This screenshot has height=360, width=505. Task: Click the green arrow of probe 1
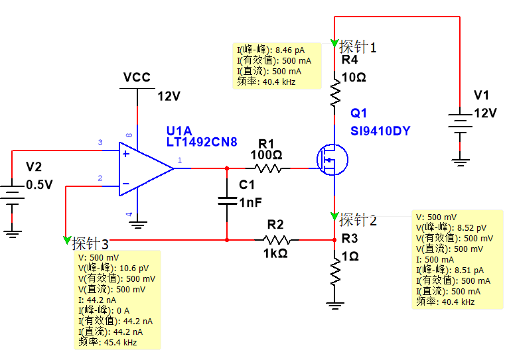click(x=334, y=44)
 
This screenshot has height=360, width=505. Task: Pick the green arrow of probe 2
click(x=334, y=217)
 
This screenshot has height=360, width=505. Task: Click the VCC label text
click(x=137, y=78)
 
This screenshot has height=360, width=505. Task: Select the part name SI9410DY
click(x=380, y=131)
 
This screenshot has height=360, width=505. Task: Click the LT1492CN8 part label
click(x=202, y=142)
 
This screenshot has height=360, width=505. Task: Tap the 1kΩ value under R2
click(x=275, y=253)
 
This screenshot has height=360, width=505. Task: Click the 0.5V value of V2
click(x=38, y=185)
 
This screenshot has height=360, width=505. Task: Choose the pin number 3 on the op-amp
click(x=100, y=143)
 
